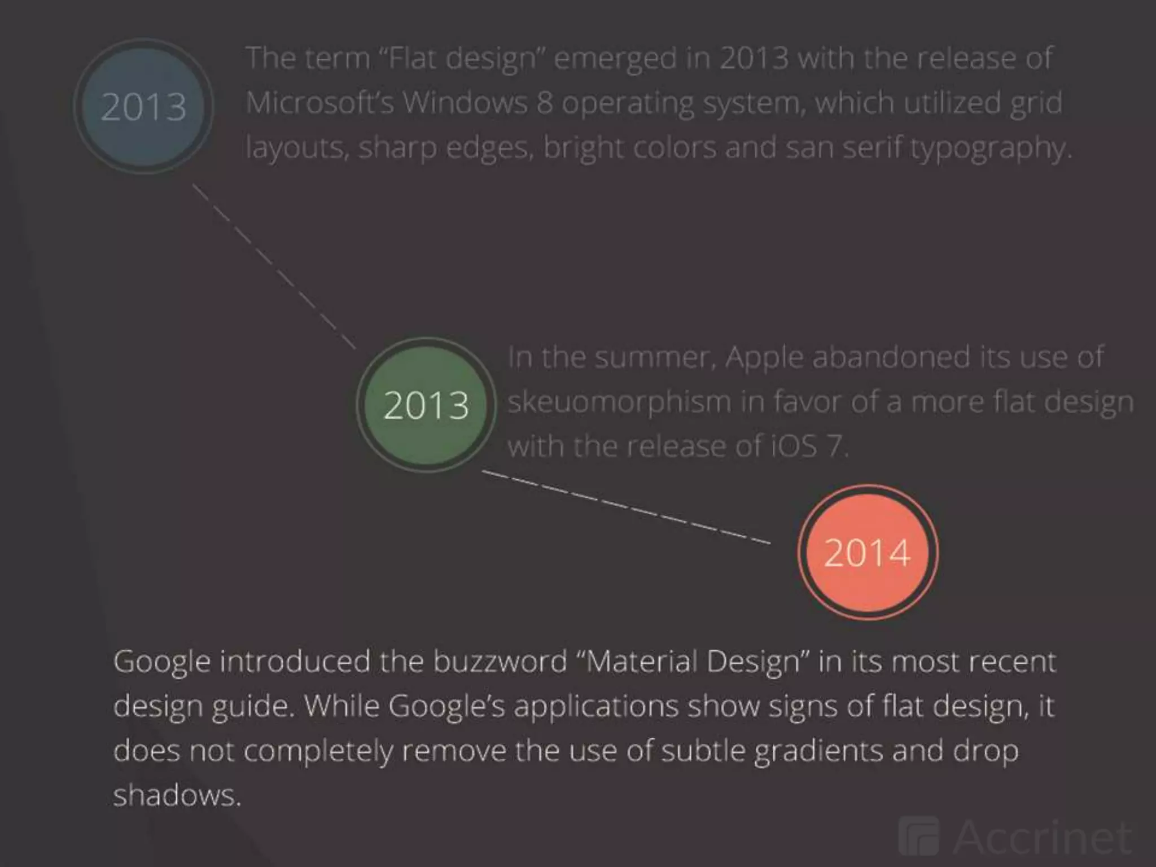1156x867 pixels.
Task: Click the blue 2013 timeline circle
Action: (143, 106)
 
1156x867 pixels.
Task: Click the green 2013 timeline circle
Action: (426, 405)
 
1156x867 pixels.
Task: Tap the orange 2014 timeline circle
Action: (868, 552)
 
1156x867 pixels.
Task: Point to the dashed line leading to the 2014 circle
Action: (627, 506)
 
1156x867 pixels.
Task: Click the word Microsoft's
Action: (319, 103)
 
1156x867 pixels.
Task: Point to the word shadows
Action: (177, 795)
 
